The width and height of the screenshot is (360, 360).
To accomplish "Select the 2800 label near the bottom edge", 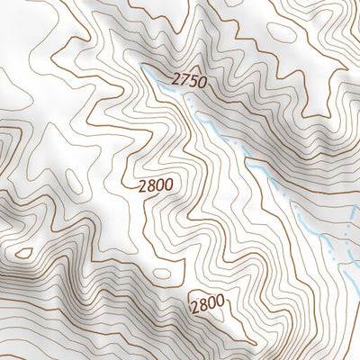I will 207,304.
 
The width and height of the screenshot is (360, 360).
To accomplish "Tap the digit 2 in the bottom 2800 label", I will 194,306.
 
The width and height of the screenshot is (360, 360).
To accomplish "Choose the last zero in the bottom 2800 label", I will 220,303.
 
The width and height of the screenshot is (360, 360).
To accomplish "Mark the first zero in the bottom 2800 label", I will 211,304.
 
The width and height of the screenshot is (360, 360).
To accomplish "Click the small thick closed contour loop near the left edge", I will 24,254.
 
